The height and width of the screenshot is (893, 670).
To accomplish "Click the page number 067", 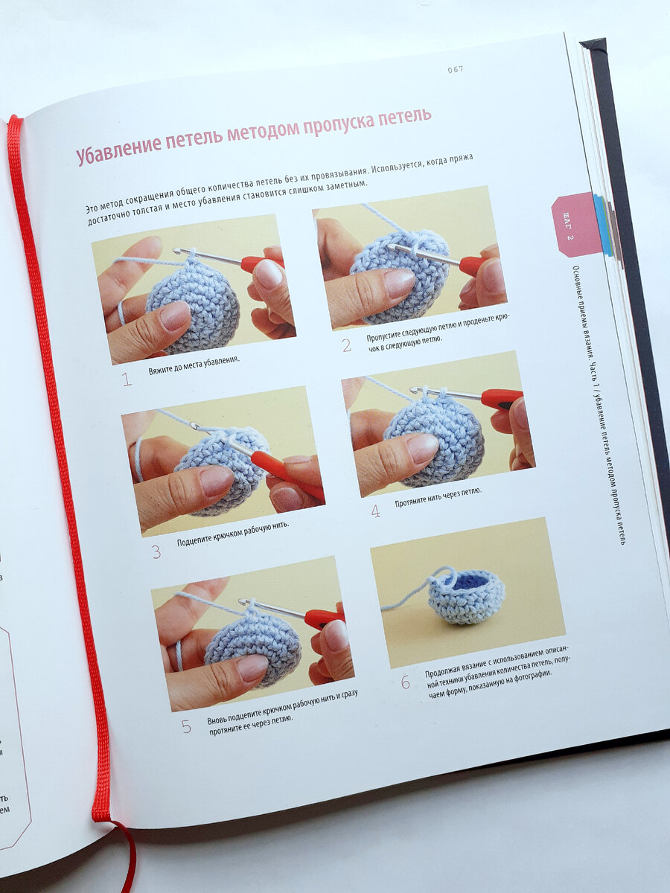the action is tap(456, 69).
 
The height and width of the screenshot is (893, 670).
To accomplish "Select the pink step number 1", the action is tap(127, 380).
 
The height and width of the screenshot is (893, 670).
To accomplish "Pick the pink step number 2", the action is tap(346, 346).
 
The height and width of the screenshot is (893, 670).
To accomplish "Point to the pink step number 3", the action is tap(156, 552).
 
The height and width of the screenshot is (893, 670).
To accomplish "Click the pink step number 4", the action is tap(375, 511).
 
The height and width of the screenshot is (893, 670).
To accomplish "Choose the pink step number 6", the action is tap(406, 682).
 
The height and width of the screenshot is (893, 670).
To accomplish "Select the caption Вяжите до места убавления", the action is tap(194, 365).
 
